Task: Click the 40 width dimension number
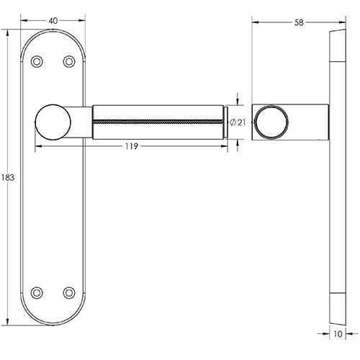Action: coord(53,20)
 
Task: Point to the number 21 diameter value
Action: coord(241,122)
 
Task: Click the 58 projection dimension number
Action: coord(299,22)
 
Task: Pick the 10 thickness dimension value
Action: coord(338,333)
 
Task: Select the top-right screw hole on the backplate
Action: coord(69,62)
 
